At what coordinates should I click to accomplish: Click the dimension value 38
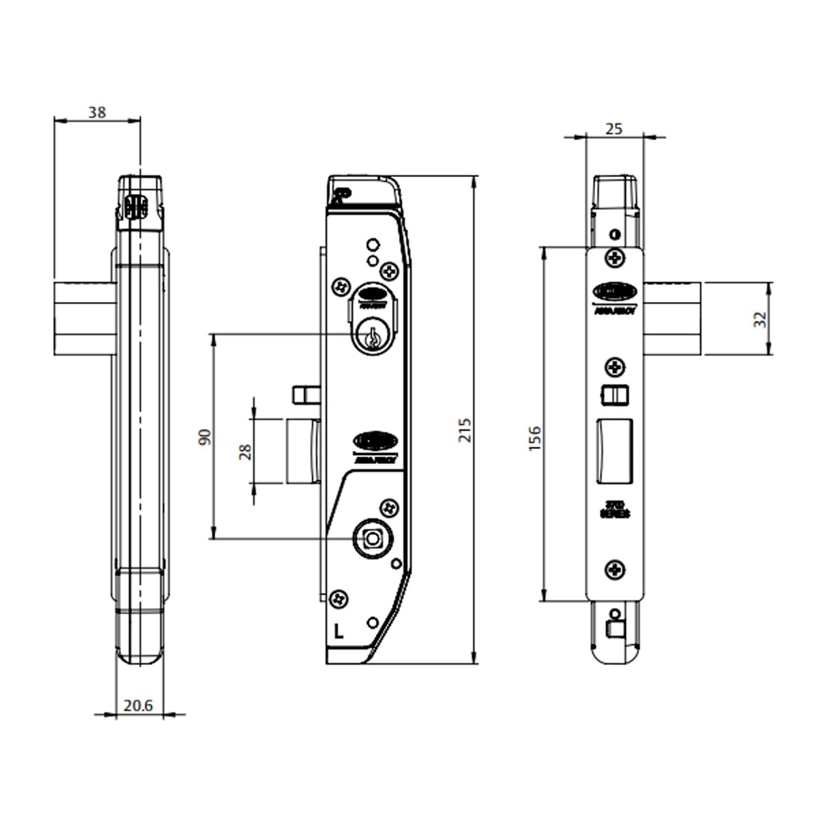click(x=97, y=113)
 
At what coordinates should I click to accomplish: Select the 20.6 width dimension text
click(x=138, y=706)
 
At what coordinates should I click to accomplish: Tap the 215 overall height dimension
click(x=465, y=430)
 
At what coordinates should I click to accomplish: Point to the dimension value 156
click(x=535, y=438)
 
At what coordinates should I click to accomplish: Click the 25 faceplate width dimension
click(x=614, y=129)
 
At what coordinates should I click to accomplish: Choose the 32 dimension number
click(x=761, y=319)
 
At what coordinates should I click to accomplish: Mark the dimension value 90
click(x=204, y=437)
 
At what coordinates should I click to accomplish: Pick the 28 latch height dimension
click(x=245, y=451)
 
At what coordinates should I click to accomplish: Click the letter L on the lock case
click(x=338, y=632)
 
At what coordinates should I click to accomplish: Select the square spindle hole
click(x=372, y=539)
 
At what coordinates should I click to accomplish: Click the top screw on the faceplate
click(x=615, y=258)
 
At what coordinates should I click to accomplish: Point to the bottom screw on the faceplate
click(x=615, y=570)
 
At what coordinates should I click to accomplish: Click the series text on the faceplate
click(x=615, y=509)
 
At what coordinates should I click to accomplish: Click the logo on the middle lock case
click(x=376, y=441)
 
